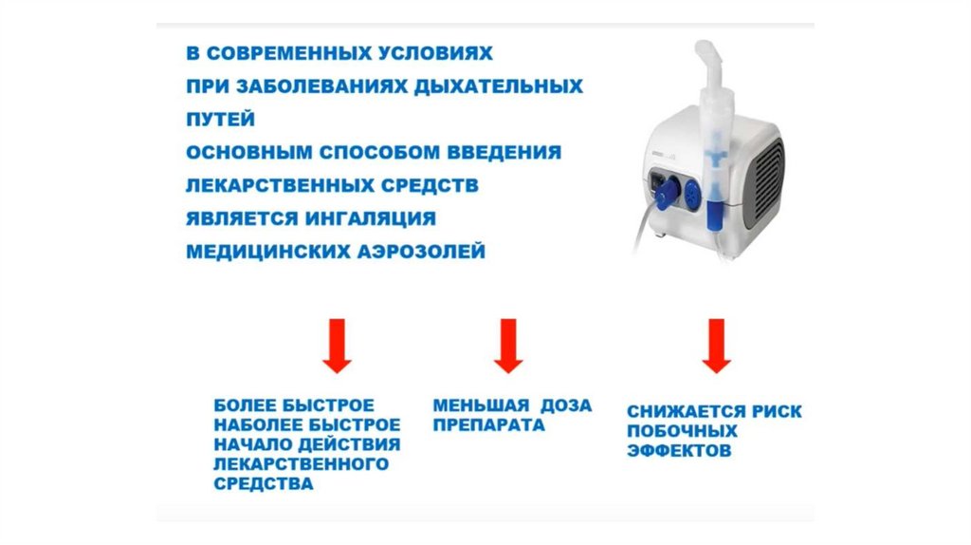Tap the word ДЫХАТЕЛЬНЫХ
pos(499,86)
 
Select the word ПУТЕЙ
pos(220,119)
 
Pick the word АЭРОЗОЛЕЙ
pos(428,252)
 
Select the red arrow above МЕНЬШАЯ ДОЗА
pos(508,346)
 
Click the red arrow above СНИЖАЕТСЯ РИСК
pos(717,346)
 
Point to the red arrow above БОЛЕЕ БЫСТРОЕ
pos(337,346)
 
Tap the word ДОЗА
pos(566,405)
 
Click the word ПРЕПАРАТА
pos(488,425)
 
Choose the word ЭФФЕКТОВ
pos(679,451)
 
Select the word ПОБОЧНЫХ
pos(682,431)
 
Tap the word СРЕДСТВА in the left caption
pos(264,483)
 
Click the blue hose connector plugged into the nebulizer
pos(665,191)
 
